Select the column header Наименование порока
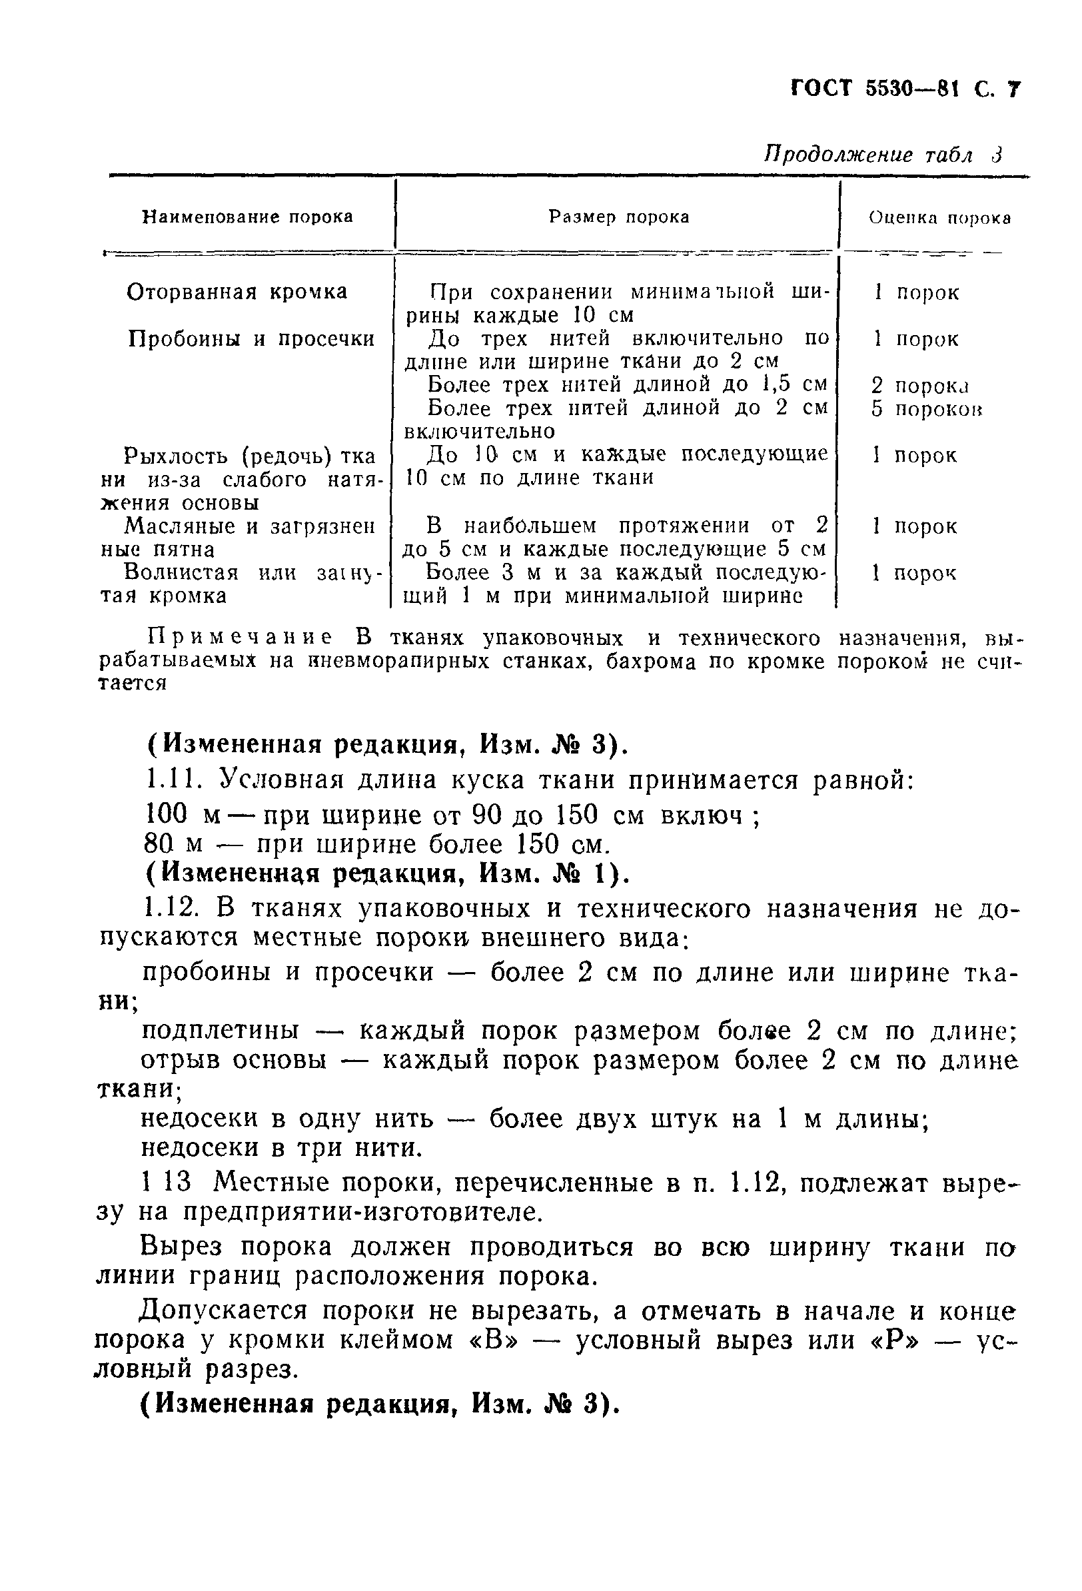click(x=247, y=217)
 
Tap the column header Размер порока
click(x=618, y=217)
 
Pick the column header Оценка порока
click(x=939, y=218)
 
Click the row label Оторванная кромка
click(x=237, y=292)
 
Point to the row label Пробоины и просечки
click(x=251, y=339)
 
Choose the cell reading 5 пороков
click(x=927, y=408)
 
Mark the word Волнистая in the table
click(x=181, y=572)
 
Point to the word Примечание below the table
click(x=241, y=638)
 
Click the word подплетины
click(x=220, y=1030)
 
